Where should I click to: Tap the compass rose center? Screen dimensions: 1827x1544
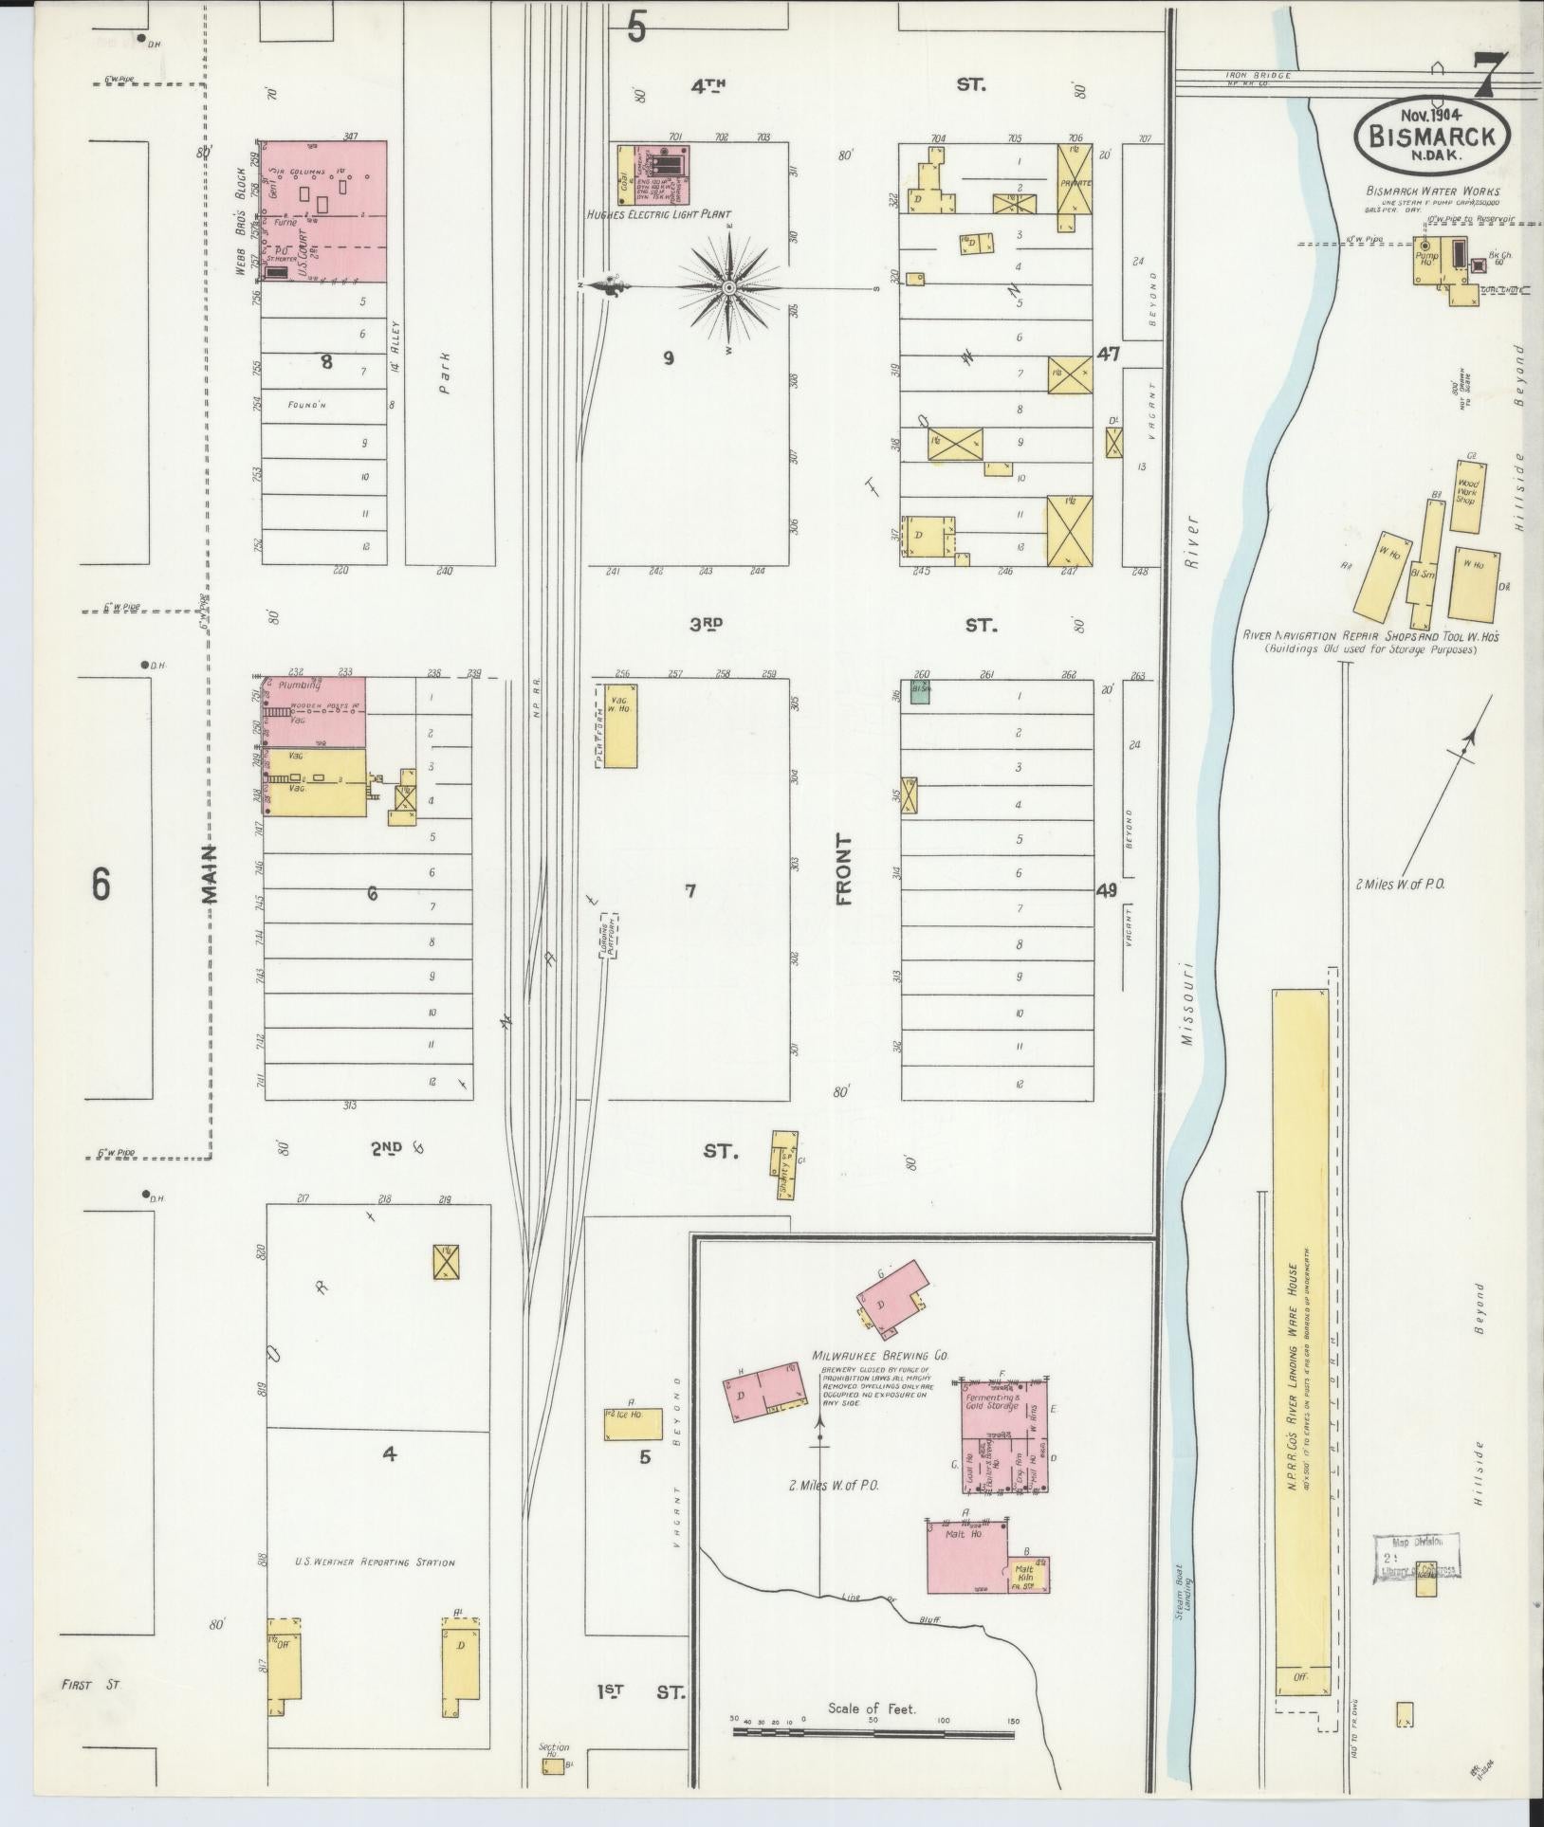click(728, 287)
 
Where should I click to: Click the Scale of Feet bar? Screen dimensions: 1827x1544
click(873, 1732)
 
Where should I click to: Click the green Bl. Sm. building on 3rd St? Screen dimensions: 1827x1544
click(919, 692)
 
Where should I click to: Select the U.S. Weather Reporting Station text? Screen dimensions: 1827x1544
click(375, 1562)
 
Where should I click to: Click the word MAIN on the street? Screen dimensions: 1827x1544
click(209, 873)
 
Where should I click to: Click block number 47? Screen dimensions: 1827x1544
click(1108, 355)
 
